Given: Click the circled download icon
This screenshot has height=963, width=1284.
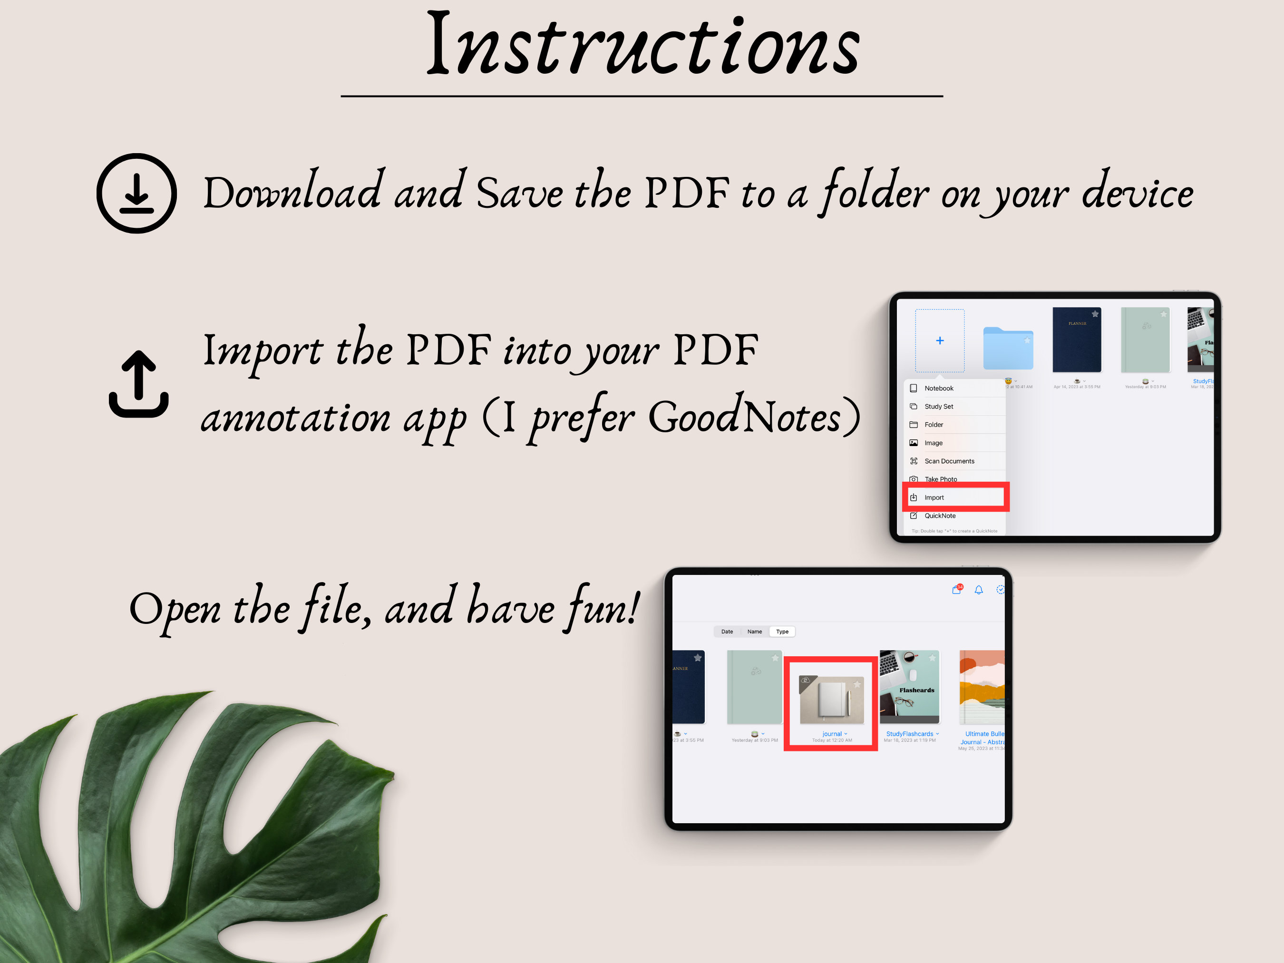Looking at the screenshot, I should (136, 193).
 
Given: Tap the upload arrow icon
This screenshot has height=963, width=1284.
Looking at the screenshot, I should (139, 384).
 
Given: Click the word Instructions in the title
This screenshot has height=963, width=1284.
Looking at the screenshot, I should (642, 45).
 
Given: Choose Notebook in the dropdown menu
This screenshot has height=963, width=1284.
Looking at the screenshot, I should (939, 389).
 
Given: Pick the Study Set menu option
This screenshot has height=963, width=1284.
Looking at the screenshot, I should (939, 406).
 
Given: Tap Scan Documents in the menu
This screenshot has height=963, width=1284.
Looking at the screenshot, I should (949, 461).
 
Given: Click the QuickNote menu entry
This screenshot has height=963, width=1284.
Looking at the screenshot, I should (940, 516).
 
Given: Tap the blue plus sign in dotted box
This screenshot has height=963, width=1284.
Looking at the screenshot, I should (940, 341).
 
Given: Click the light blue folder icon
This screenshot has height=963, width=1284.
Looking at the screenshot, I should (1008, 348).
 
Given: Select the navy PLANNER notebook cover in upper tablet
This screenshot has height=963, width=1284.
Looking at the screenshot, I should (1077, 340).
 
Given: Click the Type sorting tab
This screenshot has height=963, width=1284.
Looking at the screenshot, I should (782, 632).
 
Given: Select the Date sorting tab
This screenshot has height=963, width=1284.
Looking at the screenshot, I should (727, 632).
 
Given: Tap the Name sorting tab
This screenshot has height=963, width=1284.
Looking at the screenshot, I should (755, 632).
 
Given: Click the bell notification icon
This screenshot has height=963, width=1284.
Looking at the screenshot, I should (979, 590).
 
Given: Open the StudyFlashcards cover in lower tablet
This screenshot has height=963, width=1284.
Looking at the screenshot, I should (910, 687).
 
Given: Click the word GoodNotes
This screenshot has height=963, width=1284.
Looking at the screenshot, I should (744, 416).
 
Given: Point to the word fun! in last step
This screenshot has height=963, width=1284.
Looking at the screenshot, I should (603, 608).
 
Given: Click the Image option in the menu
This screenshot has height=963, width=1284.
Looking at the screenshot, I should (934, 443).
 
